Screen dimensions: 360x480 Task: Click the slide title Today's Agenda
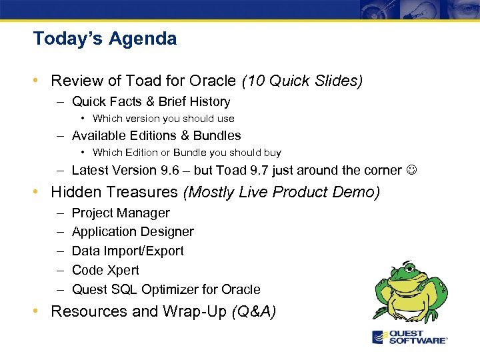point(105,39)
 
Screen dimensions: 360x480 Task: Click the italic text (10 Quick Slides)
point(302,81)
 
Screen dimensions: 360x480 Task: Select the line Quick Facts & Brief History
point(151,101)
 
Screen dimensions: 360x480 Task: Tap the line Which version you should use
point(163,119)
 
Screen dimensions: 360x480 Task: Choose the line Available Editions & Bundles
point(156,135)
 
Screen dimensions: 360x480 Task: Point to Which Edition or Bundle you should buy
point(187,153)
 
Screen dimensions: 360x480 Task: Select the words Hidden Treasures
point(115,192)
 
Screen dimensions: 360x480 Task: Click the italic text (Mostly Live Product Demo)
point(281,192)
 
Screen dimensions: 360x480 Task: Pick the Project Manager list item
point(121,213)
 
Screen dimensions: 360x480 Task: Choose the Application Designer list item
point(133,231)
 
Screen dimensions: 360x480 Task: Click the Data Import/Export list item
point(127,251)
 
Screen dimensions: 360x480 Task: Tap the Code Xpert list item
point(105,270)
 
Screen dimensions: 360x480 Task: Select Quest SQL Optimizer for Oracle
point(166,289)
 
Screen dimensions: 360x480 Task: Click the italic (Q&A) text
point(253,311)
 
